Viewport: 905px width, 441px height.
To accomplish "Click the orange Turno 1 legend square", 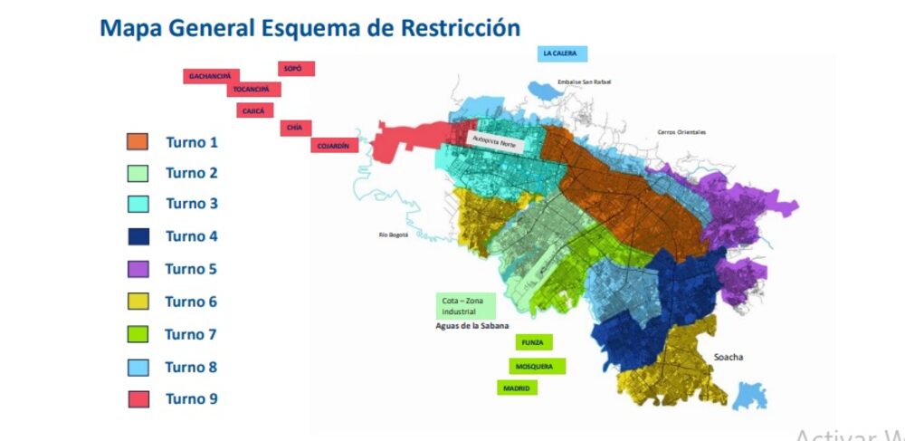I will coord(138,141).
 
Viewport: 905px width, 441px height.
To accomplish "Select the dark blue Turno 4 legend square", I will coord(138,236).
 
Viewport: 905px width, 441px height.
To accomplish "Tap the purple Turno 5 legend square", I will coord(138,269).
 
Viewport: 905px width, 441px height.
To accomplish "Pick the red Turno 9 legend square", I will coord(138,398).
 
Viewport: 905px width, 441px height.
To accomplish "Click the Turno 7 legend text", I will coord(191,334).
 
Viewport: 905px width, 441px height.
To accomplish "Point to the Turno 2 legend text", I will coord(192,173).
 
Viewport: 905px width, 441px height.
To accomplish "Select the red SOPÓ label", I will coord(296,69).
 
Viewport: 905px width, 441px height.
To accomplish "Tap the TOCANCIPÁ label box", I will coord(253,90).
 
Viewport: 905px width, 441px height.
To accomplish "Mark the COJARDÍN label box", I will coord(335,145).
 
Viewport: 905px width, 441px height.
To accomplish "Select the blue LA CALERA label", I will coord(562,53).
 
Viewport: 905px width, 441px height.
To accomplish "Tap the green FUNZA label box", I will coord(534,343).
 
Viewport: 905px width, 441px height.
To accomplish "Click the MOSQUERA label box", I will coord(537,366).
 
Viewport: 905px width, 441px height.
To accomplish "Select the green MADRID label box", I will coord(517,388).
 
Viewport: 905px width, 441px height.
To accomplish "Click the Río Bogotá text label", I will coord(394,235).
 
